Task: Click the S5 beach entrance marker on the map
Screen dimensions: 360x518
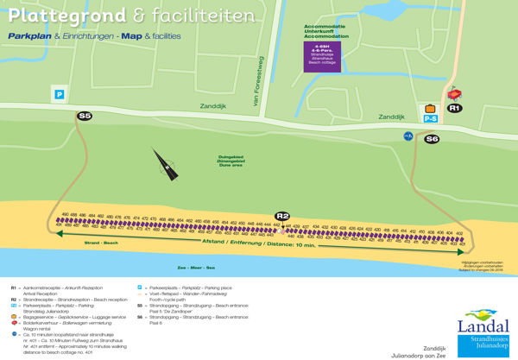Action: (85, 116)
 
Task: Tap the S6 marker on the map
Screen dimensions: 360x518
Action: (432, 138)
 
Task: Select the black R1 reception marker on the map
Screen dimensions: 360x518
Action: (455, 108)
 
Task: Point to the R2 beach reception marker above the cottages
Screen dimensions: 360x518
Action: (282, 216)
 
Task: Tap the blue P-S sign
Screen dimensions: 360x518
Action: (431, 119)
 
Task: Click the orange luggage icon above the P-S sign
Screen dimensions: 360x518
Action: (430, 108)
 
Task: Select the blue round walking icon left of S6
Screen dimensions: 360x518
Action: (408, 136)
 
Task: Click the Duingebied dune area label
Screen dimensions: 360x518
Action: (231, 160)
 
